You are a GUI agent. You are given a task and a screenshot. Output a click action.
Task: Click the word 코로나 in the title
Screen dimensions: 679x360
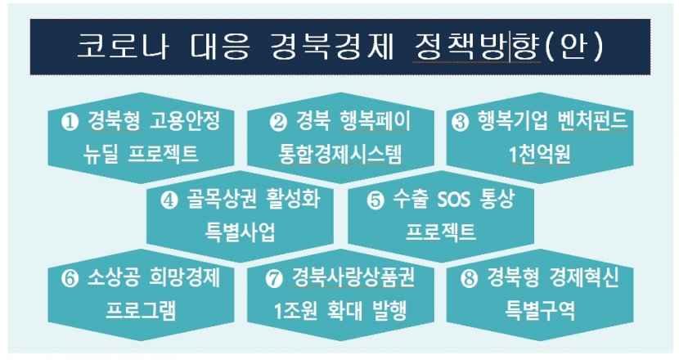click(123, 45)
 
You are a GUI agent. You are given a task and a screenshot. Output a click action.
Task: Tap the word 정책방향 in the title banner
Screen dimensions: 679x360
click(476, 46)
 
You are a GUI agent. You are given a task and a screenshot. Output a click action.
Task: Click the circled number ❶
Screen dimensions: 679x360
click(70, 122)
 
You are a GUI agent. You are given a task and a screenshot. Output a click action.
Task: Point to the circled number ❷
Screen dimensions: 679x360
click(277, 122)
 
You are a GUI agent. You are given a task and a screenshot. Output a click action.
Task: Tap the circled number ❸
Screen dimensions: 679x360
click(460, 122)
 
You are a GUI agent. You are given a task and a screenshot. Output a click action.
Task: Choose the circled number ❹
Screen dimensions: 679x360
click(169, 200)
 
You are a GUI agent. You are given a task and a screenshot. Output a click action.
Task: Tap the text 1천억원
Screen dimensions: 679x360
click(540, 154)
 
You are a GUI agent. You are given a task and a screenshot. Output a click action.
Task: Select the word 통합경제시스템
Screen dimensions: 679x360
click(340, 154)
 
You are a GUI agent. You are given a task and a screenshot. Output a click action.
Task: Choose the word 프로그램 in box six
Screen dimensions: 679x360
click(142, 311)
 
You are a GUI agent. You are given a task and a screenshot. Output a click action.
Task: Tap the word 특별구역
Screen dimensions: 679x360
click(540, 311)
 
